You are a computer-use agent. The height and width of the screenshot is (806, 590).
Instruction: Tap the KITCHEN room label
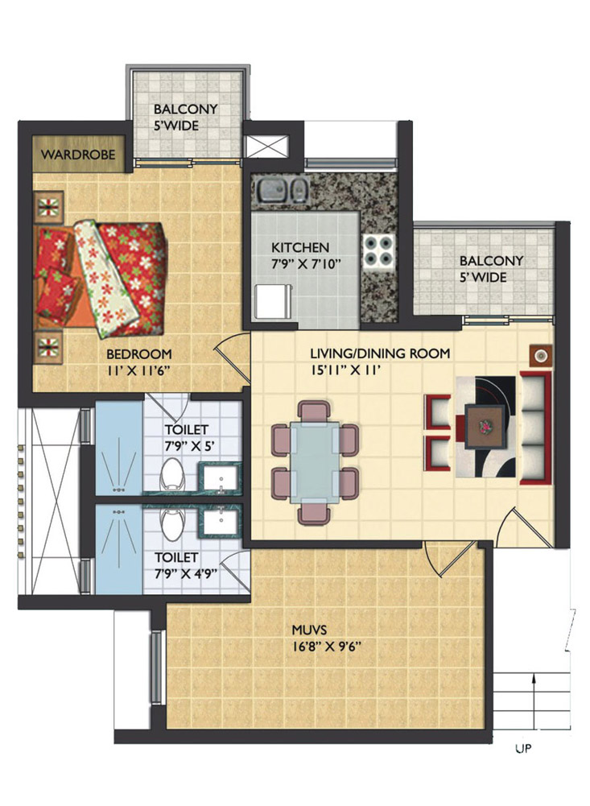[x=300, y=247]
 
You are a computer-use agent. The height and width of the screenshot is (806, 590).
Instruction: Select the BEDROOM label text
[x=139, y=353]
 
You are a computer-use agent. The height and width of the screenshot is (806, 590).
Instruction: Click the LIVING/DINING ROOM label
[x=380, y=353]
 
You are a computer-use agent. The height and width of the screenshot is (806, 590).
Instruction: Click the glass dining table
[x=315, y=463]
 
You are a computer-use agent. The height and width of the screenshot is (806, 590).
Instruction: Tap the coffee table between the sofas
[x=485, y=423]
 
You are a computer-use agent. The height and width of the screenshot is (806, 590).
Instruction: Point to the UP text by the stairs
[x=522, y=750]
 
